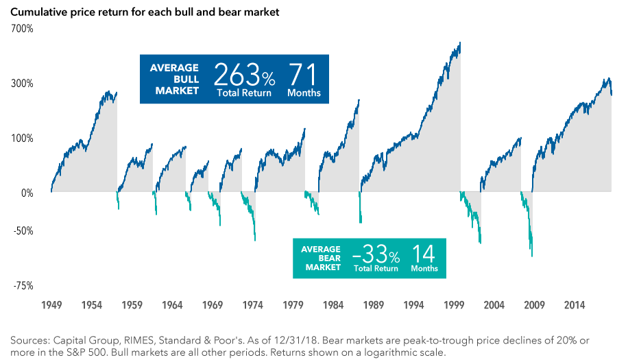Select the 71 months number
coord(303,73)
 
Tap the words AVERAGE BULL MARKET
coord(175,79)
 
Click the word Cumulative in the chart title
coord(38,12)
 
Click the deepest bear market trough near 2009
coord(532,256)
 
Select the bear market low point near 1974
coord(255,240)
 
